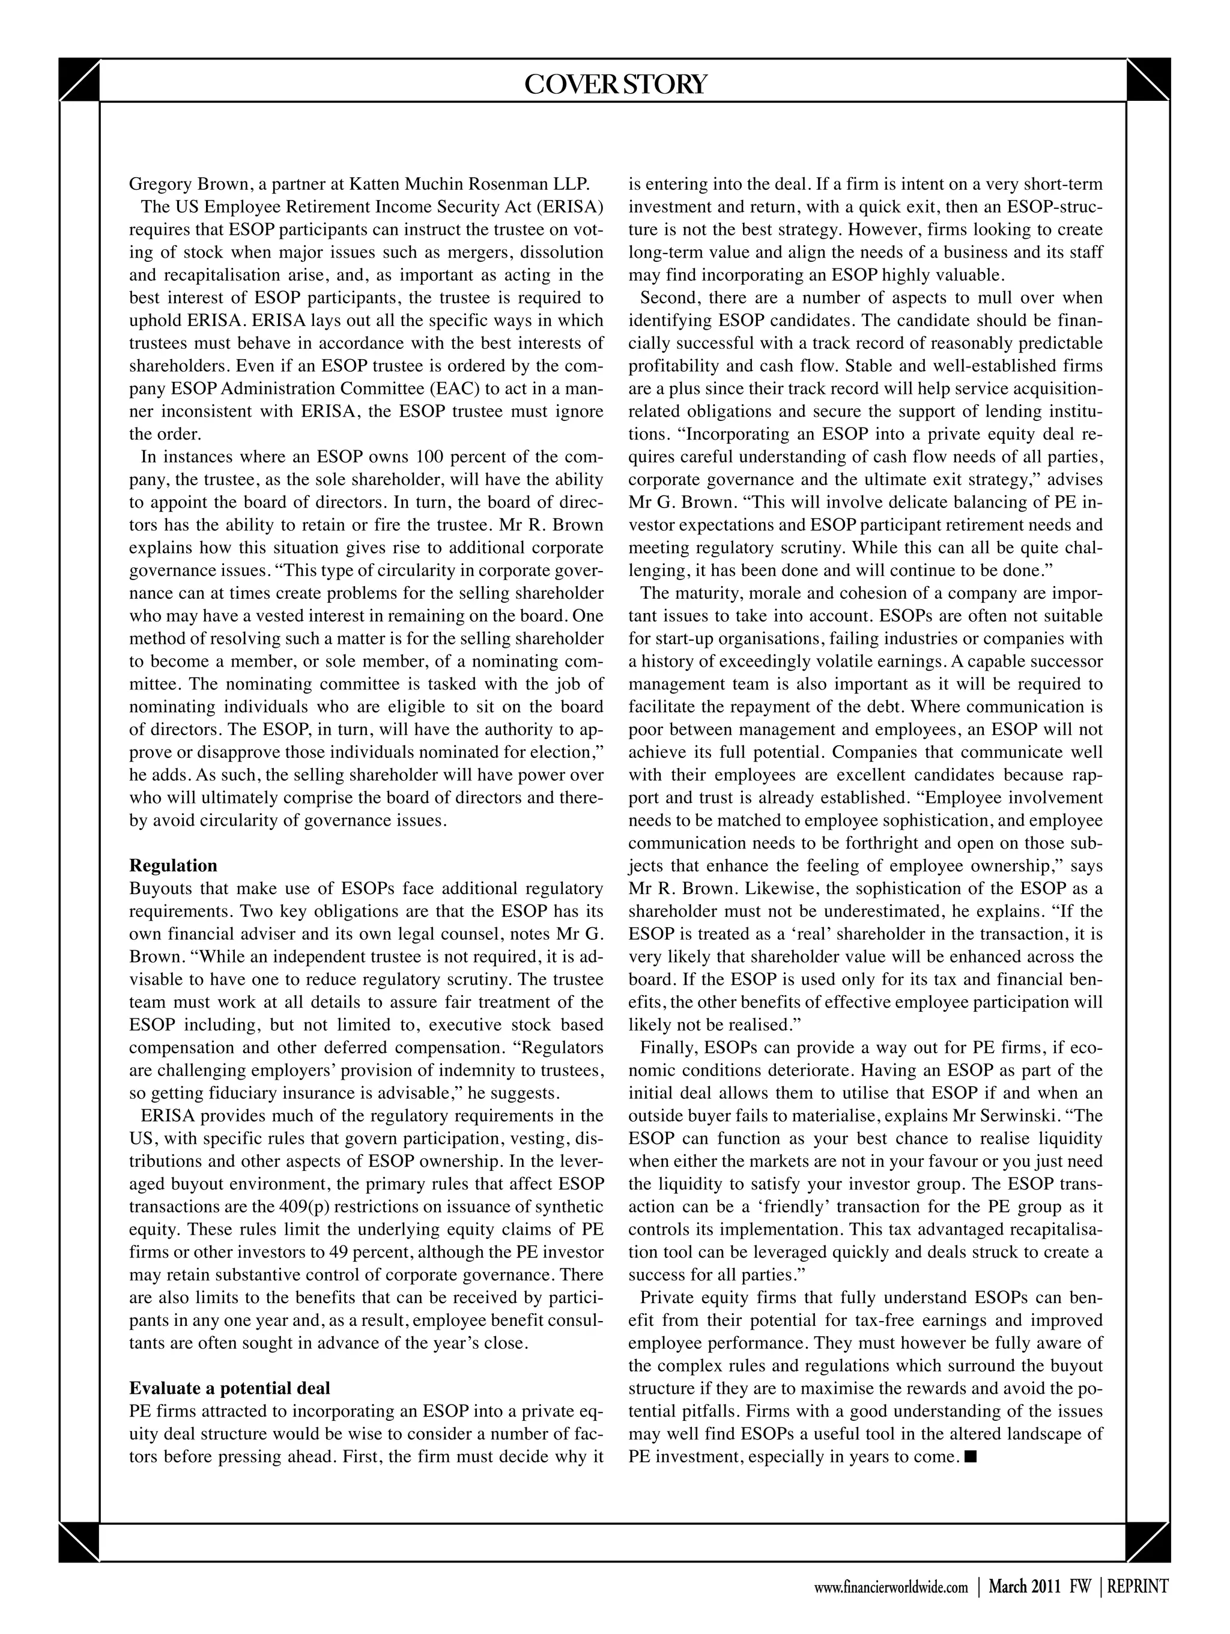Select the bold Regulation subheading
[x=173, y=865]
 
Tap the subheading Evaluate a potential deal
[x=229, y=1387]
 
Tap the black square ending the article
[x=971, y=1457]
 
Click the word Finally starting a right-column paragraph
[x=668, y=1047]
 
